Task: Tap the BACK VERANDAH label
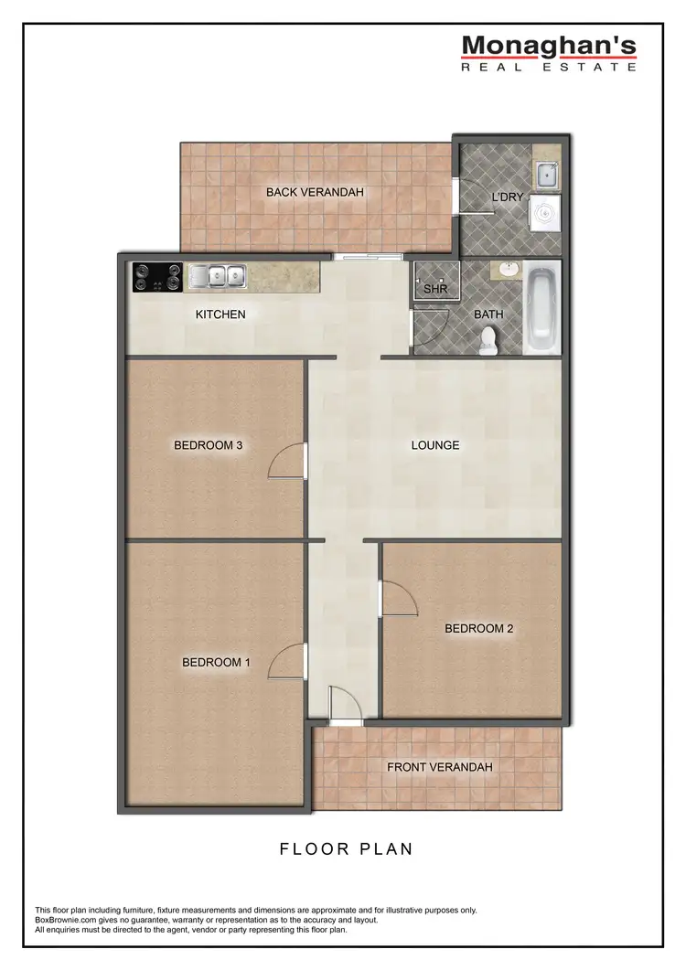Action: tap(316, 192)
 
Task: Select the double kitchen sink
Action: tap(217, 275)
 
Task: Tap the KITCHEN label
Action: tap(220, 314)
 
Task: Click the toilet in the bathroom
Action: tap(488, 341)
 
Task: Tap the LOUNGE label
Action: tap(434, 446)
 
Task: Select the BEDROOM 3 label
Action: tap(208, 446)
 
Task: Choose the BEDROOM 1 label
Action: tap(216, 663)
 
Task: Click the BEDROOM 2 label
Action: tap(479, 629)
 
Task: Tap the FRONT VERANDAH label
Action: tap(439, 767)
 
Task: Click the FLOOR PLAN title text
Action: tap(346, 849)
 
